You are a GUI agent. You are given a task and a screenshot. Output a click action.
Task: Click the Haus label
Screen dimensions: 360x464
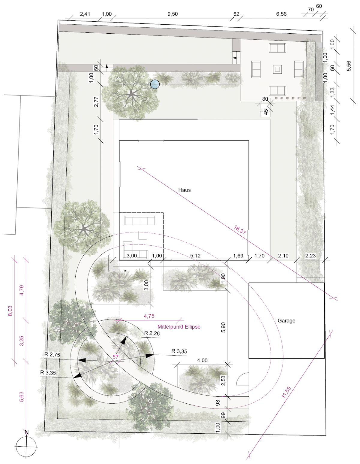(x=184, y=190)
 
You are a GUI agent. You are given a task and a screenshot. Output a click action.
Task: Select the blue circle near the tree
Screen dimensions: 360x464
(x=155, y=84)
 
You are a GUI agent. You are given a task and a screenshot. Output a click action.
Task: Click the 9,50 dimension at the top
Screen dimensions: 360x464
(x=172, y=14)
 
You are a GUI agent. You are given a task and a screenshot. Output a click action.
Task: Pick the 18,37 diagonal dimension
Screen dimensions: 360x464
(x=240, y=230)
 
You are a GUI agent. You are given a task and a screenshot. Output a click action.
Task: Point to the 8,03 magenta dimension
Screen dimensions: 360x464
(x=10, y=311)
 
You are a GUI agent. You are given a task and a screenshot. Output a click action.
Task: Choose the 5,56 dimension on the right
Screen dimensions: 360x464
(x=349, y=66)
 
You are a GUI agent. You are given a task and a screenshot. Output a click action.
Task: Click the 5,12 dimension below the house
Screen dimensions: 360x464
(x=195, y=256)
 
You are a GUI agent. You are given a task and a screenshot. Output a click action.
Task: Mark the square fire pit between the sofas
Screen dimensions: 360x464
(x=277, y=69)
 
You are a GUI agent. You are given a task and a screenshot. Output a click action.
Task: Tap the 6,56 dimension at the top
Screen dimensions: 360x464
(x=281, y=14)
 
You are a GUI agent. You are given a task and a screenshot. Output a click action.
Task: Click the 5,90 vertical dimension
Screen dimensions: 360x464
(x=223, y=327)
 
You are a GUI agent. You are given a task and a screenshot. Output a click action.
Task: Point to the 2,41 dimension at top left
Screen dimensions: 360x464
(x=85, y=14)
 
